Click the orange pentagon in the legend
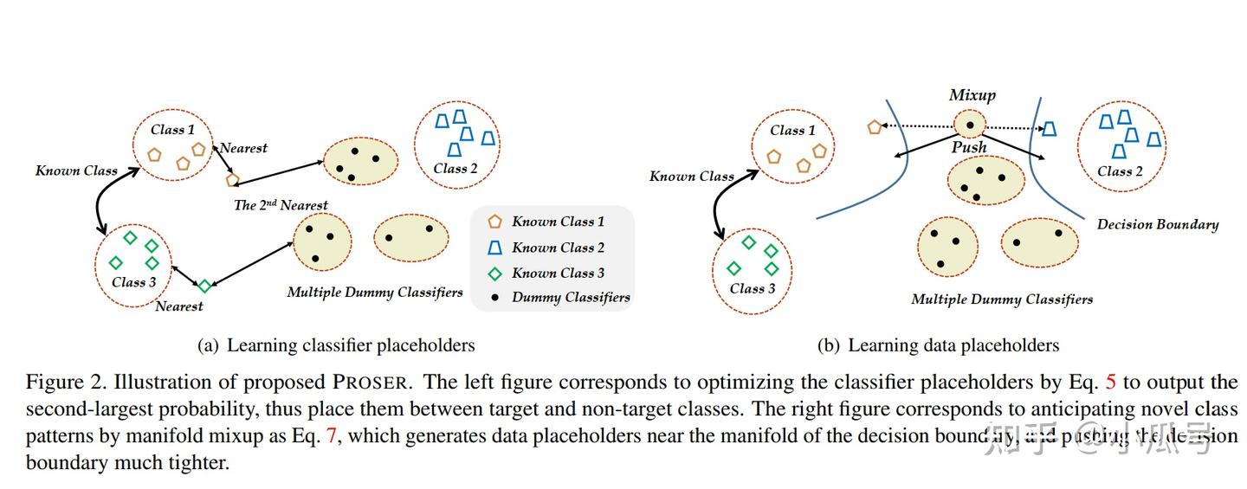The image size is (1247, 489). [495, 222]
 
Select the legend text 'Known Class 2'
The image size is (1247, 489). [558, 248]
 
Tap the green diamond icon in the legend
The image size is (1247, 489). [495, 273]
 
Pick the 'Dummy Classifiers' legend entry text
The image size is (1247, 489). [571, 298]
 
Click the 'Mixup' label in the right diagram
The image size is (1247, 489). [972, 95]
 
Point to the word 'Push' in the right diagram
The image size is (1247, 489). [969, 147]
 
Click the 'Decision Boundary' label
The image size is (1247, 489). [1157, 224]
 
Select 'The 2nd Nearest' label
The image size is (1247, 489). [281, 205]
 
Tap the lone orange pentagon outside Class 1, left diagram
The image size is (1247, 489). [231, 180]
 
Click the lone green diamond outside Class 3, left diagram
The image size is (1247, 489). [204, 286]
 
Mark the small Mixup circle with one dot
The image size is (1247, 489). [970, 125]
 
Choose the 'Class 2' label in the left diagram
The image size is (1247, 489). [456, 169]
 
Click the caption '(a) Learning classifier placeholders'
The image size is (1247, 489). [336, 345]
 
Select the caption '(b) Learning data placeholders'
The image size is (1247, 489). [938, 345]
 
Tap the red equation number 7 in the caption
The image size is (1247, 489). [331, 436]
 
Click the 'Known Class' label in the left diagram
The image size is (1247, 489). [76, 171]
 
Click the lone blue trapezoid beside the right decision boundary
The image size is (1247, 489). [1049, 129]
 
